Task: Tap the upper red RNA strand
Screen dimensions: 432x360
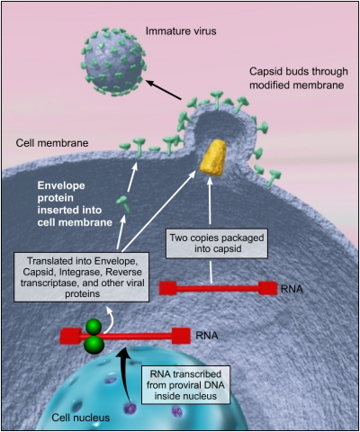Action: click(217, 288)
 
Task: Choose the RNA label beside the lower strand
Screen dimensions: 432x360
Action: click(206, 335)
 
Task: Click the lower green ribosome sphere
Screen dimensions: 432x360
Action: click(92, 345)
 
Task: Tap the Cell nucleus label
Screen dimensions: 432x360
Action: click(44, 416)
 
